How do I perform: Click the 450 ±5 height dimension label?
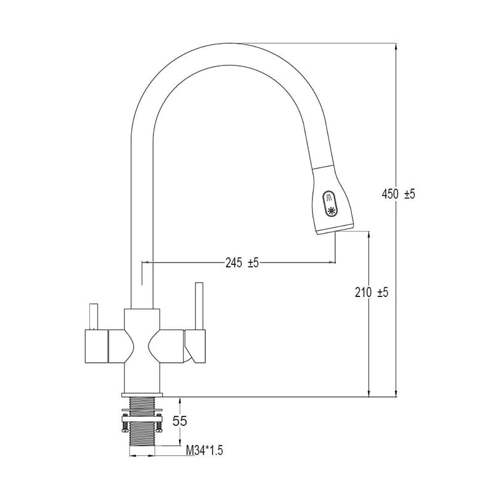click(x=398, y=194)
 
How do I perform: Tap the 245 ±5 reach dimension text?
click(x=242, y=262)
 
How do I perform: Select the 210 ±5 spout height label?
click(x=372, y=292)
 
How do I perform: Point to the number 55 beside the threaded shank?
click(x=180, y=421)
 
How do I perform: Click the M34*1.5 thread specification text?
click(x=205, y=450)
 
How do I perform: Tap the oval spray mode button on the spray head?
click(x=330, y=204)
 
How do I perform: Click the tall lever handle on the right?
click(x=199, y=306)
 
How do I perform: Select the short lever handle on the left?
click(x=94, y=317)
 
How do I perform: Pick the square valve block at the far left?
click(x=97, y=346)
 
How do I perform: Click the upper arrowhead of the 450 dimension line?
click(x=396, y=47)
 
